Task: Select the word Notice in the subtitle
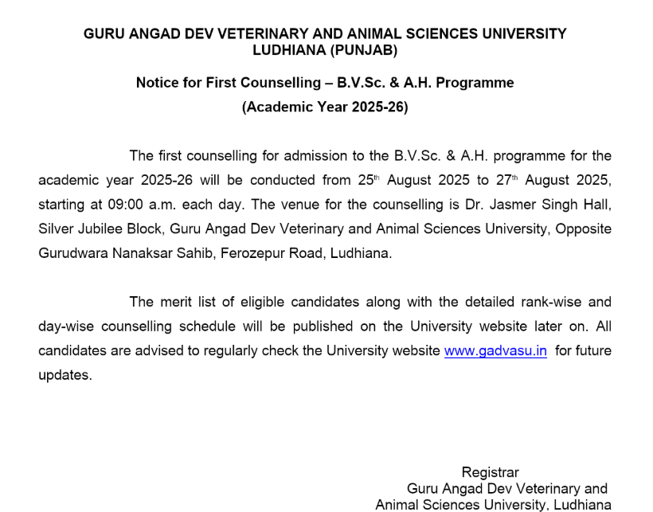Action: (x=158, y=83)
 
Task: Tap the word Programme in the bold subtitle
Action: (x=473, y=83)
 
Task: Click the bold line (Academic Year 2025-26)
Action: (x=325, y=107)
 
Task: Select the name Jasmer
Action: (x=514, y=205)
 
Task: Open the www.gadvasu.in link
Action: (x=495, y=351)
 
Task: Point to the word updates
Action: (x=65, y=375)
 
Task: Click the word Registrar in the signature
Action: (x=490, y=472)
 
